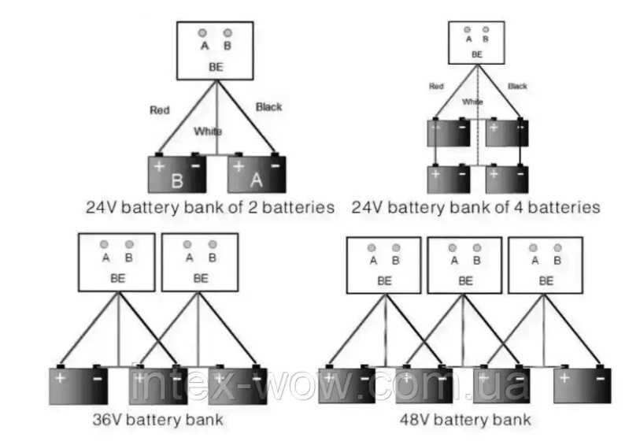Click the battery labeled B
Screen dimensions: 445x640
tap(177, 175)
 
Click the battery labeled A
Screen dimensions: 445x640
tap(256, 175)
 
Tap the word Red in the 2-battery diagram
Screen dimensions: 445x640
tap(160, 109)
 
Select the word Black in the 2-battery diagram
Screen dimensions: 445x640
tap(268, 106)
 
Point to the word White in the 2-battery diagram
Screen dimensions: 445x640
tap(208, 132)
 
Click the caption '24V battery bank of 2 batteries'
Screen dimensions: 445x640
tap(210, 208)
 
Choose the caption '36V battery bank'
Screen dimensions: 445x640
tap(156, 417)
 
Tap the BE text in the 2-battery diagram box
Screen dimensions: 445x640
tap(216, 67)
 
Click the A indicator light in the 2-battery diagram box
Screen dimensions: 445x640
tap(202, 33)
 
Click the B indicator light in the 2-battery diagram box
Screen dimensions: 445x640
tap(228, 33)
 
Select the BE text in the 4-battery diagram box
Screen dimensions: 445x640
tap(477, 54)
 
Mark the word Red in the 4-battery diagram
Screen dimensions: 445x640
tap(436, 86)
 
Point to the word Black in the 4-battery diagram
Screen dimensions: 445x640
tap(517, 86)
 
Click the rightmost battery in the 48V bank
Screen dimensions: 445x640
tap(583, 385)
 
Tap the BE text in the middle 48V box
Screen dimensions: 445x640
tap(465, 280)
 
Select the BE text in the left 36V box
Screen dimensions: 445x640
tap(117, 278)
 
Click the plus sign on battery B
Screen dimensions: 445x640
tap(158, 166)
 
